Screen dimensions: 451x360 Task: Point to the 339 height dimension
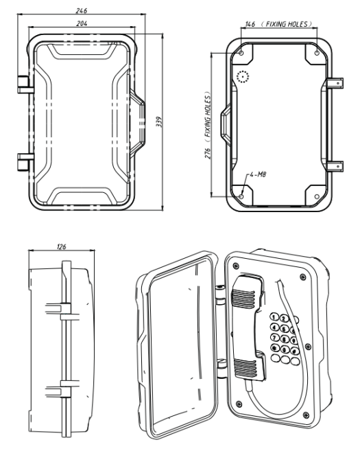pyautogui.click(x=159, y=122)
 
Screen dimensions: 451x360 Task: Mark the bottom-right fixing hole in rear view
pyautogui.click(x=315, y=194)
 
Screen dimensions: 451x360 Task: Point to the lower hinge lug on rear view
pyautogui.click(x=334, y=165)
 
